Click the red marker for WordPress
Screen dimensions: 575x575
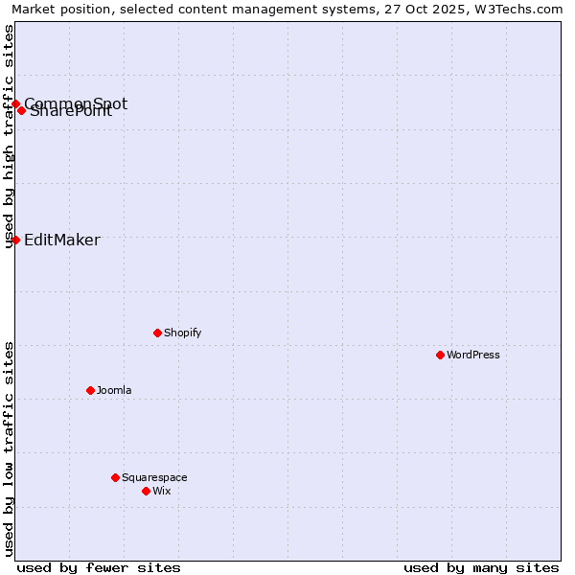pos(440,355)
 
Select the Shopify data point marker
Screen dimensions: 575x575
pos(157,333)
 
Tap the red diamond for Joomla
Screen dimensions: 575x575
pos(90,390)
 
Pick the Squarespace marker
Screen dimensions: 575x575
pos(115,477)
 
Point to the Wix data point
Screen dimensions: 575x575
pos(146,491)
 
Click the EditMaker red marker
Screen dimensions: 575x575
pos(16,240)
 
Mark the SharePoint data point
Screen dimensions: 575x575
pos(21,110)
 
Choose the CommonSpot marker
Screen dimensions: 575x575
pos(16,103)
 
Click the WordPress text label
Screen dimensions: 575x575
pos(473,355)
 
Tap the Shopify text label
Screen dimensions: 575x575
pos(182,333)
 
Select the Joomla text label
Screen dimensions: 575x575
pos(114,390)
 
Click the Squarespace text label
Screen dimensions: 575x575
pos(154,477)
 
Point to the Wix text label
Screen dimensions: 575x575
pos(162,491)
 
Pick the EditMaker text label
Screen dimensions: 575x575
pos(61,240)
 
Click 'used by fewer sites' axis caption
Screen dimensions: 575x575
pos(99,567)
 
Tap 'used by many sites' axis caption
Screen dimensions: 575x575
pos(481,567)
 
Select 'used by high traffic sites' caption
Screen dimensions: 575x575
pos(9,136)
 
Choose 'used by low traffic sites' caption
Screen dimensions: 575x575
pos(9,448)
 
